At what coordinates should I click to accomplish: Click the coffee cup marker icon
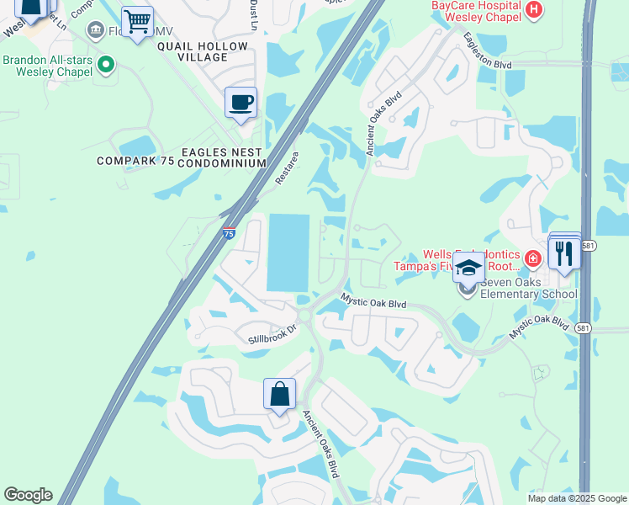point(240,103)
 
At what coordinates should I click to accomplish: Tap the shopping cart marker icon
point(137,20)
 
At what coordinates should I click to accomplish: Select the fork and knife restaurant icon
point(564,252)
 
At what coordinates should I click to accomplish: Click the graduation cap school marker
point(468,268)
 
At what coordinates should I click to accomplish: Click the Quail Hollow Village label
point(203,51)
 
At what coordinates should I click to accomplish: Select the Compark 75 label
point(135,161)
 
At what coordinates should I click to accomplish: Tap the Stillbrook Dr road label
point(272,334)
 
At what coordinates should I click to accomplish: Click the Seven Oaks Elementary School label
point(528,288)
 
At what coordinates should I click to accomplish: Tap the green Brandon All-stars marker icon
point(106,63)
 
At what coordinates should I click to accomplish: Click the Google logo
point(28,495)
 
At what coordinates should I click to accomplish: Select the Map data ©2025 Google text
point(576,498)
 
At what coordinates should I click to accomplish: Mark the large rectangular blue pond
point(288,252)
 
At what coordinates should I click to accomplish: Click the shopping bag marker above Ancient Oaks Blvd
point(279,394)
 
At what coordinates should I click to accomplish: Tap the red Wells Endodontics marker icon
point(531,258)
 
